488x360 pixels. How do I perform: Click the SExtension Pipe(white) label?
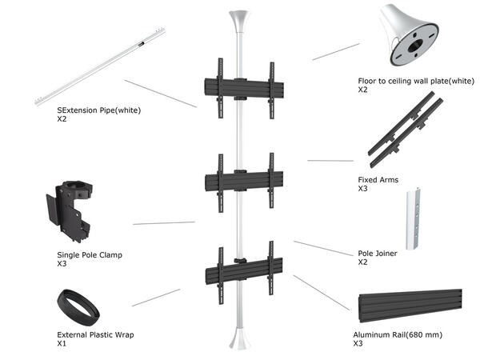(99, 110)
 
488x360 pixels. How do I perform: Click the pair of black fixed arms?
(405, 128)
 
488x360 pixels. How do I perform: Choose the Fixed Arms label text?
(378, 180)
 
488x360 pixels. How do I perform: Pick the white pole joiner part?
(413, 220)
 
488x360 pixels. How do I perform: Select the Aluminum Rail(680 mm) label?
(397, 334)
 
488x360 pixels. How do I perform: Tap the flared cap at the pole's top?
(239, 20)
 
